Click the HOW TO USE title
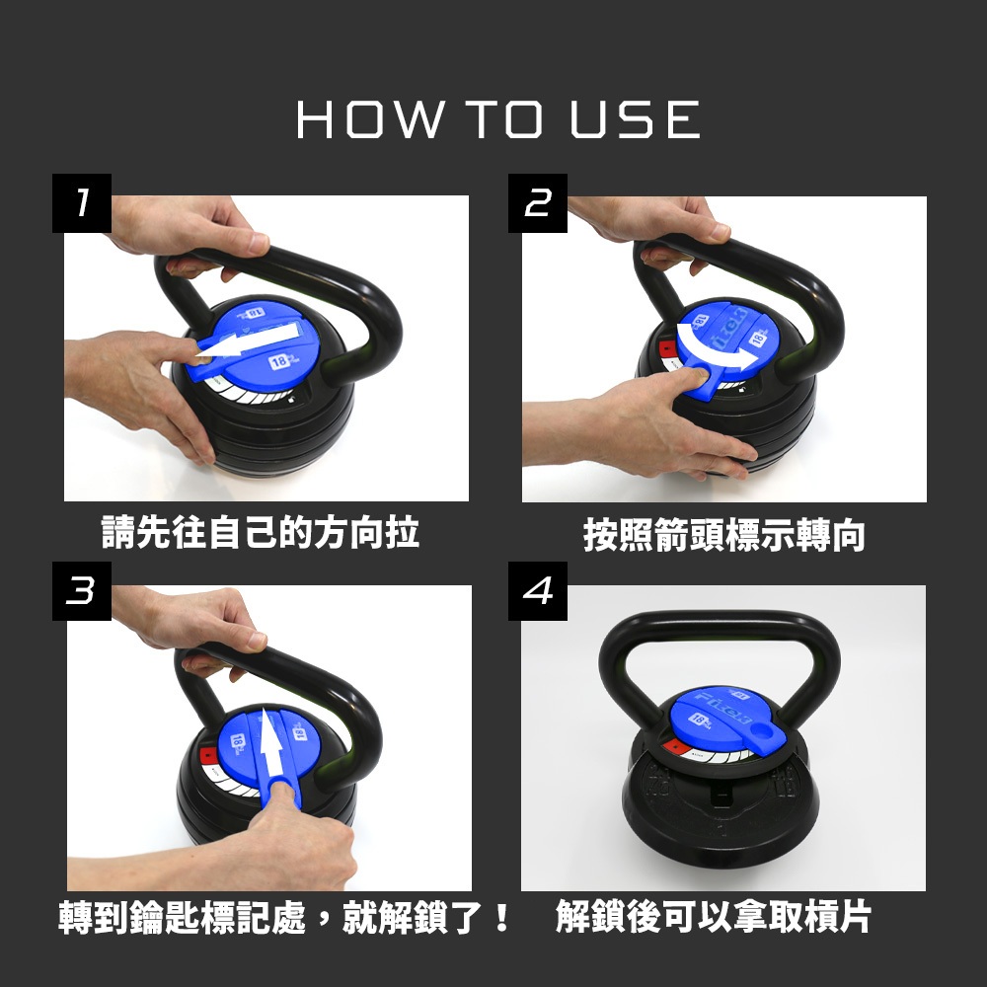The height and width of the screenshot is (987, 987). click(x=497, y=119)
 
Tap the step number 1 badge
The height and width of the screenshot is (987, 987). click(x=82, y=203)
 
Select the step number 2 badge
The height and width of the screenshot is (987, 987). click(x=538, y=203)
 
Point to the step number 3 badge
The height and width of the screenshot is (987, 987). click(x=82, y=591)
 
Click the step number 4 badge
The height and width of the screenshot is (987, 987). click(x=538, y=591)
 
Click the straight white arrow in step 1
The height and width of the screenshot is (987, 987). click(x=249, y=343)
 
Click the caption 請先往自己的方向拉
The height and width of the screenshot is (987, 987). click(x=260, y=533)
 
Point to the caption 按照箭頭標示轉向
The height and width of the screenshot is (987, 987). click(x=723, y=535)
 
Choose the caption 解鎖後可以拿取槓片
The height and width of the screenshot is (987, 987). click(x=714, y=917)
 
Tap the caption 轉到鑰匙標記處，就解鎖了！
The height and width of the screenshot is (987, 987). click(x=284, y=917)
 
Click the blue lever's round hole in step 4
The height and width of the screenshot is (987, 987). click(x=761, y=732)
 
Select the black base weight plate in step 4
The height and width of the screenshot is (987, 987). click(x=720, y=799)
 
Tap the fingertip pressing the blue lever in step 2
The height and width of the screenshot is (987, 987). click(x=699, y=372)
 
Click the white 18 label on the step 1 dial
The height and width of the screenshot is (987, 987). click(x=279, y=362)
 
